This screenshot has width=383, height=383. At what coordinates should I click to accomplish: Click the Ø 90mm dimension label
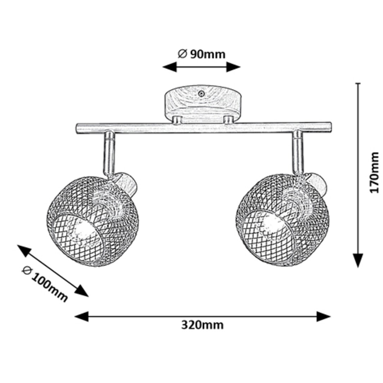pyautogui.click(x=202, y=54)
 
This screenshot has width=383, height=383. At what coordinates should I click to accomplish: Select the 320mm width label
pyautogui.click(x=202, y=326)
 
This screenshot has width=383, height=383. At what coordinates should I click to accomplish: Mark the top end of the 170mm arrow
pyautogui.click(x=358, y=83)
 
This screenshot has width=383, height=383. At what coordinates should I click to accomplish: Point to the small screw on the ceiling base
pyautogui.click(x=201, y=92)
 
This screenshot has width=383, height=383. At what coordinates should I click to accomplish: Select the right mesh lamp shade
pyautogui.click(x=282, y=220)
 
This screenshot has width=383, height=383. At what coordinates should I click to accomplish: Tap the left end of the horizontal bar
pyautogui.click(x=78, y=128)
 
